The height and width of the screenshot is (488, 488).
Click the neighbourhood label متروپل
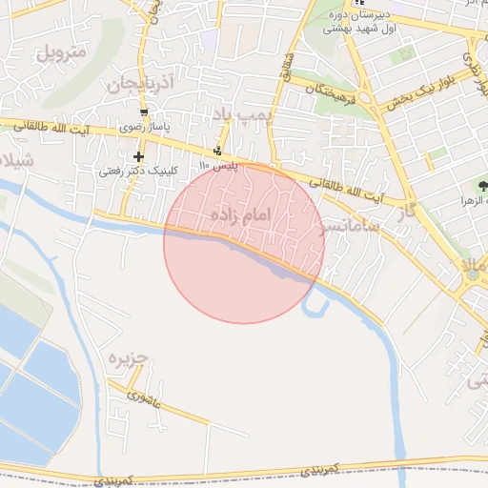coord(61,51)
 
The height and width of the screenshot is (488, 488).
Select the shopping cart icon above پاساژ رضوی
coord(143,112)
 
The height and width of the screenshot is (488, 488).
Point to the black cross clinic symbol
coord(139,156)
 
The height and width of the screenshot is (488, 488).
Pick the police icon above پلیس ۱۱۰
coord(219,151)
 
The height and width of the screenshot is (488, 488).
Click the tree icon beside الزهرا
coord(481,187)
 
